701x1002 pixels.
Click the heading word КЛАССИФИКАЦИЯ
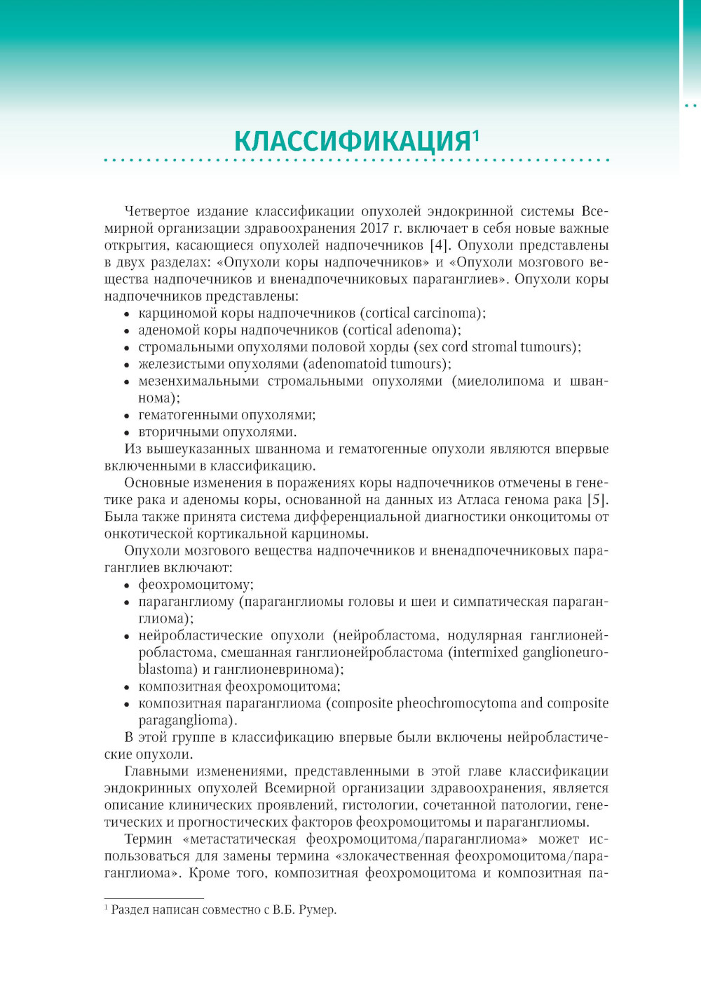[x=352, y=142]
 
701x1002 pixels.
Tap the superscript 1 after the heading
[x=476, y=134]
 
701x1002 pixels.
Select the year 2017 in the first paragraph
[x=374, y=229]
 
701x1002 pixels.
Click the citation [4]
[x=437, y=245]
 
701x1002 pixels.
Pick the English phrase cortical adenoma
[x=401, y=330]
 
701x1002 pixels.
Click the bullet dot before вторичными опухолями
[x=127, y=433]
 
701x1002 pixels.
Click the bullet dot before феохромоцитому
[x=127, y=585]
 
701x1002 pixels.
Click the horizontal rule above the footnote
[x=154, y=898]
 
